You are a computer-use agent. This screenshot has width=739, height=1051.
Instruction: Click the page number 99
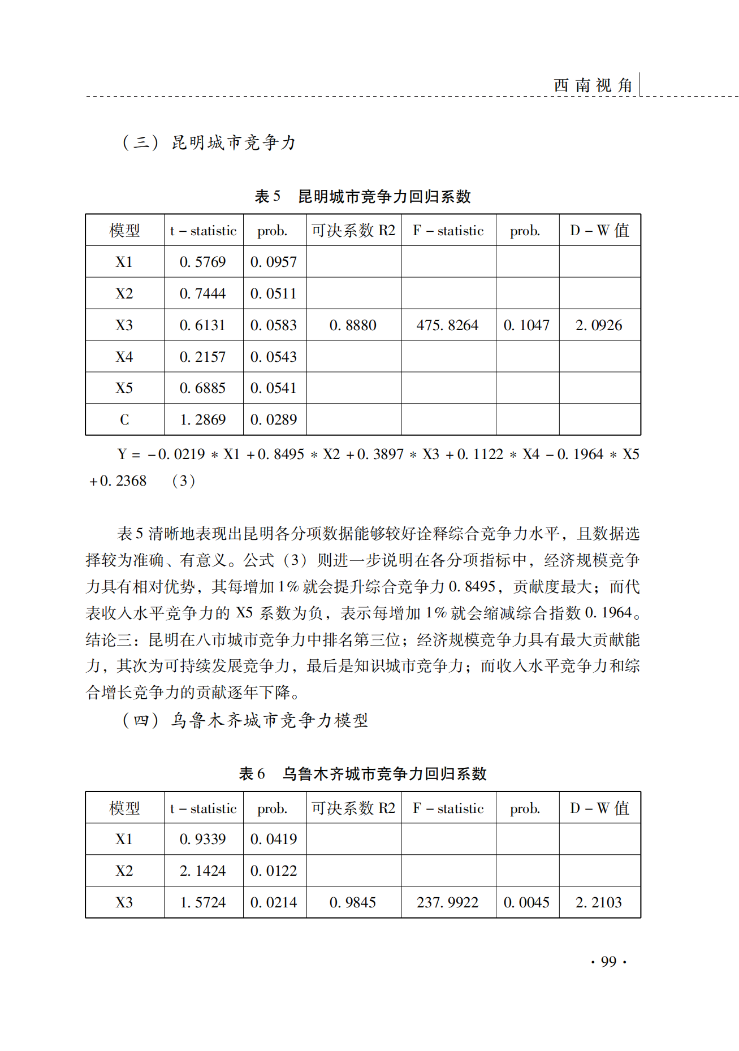608,962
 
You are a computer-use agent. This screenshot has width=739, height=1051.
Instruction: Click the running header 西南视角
593,85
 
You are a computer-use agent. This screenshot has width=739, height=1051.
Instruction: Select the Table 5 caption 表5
267,197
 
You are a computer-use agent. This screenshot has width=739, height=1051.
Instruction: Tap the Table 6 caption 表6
252,773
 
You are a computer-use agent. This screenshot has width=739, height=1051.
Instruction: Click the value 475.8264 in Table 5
447,325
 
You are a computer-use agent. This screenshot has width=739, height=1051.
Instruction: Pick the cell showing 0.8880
353,325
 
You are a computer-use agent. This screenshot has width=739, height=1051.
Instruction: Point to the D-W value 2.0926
599,325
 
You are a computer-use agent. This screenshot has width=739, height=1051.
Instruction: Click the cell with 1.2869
202,419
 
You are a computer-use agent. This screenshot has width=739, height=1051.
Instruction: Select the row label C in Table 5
124,419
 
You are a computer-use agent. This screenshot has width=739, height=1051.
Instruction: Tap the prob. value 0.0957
274,262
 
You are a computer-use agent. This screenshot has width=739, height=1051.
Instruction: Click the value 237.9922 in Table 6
447,902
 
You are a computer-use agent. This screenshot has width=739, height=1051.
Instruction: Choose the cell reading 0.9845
353,902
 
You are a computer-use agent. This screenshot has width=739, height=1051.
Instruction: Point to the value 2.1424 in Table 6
202,871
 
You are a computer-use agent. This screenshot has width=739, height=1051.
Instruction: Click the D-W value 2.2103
599,902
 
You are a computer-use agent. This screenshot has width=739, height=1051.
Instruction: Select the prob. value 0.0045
526,902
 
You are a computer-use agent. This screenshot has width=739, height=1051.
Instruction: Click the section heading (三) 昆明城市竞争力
209,142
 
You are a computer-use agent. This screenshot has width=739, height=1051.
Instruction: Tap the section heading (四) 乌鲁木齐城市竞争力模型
245,720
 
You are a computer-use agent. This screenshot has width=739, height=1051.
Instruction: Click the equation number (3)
184,481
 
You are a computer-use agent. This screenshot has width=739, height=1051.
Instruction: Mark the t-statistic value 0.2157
202,357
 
